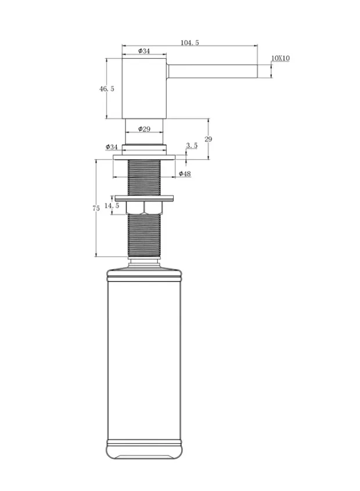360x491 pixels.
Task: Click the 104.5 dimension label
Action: [x=190, y=42]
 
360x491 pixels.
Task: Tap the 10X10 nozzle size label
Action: [x=280, y=58]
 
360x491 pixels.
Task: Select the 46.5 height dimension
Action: [x=107, y=89]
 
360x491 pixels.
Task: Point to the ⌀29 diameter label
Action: [x=145, y=128]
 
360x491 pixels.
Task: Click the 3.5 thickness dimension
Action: [x=192, y=145]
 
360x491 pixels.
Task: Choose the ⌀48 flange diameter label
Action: [x=185, y=174]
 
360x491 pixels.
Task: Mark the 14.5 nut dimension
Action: [x=111, y=206]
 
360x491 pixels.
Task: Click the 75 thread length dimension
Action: [x=96, y=208]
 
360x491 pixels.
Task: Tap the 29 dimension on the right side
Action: [x=208, y=139]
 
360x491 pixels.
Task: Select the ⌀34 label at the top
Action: [x=144, y=51]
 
